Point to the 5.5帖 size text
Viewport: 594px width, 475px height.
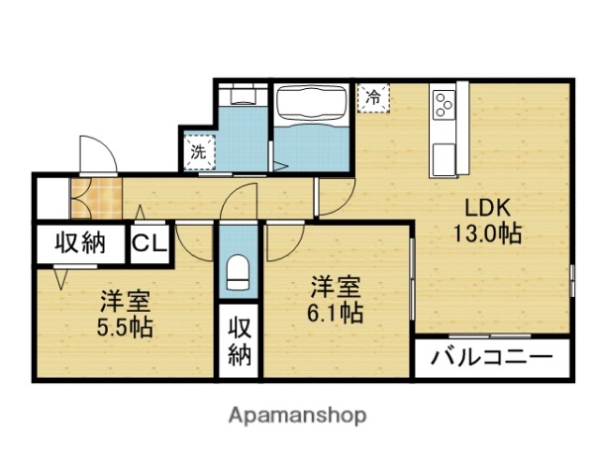tap(125, 327)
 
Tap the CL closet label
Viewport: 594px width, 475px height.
tap(150, 244)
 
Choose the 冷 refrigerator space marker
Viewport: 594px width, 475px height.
tap(373, 97)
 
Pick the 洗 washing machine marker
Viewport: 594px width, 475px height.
tap(198, 152)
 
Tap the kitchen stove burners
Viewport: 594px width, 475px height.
tap(443, 102)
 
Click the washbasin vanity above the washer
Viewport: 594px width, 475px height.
tap(240, 98)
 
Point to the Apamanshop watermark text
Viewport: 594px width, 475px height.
tap(298, 415)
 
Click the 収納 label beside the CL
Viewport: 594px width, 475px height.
tap(79, 244)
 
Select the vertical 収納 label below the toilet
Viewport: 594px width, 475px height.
tap(239, 341)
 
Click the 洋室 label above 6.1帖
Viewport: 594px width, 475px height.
tap(335, 288)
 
